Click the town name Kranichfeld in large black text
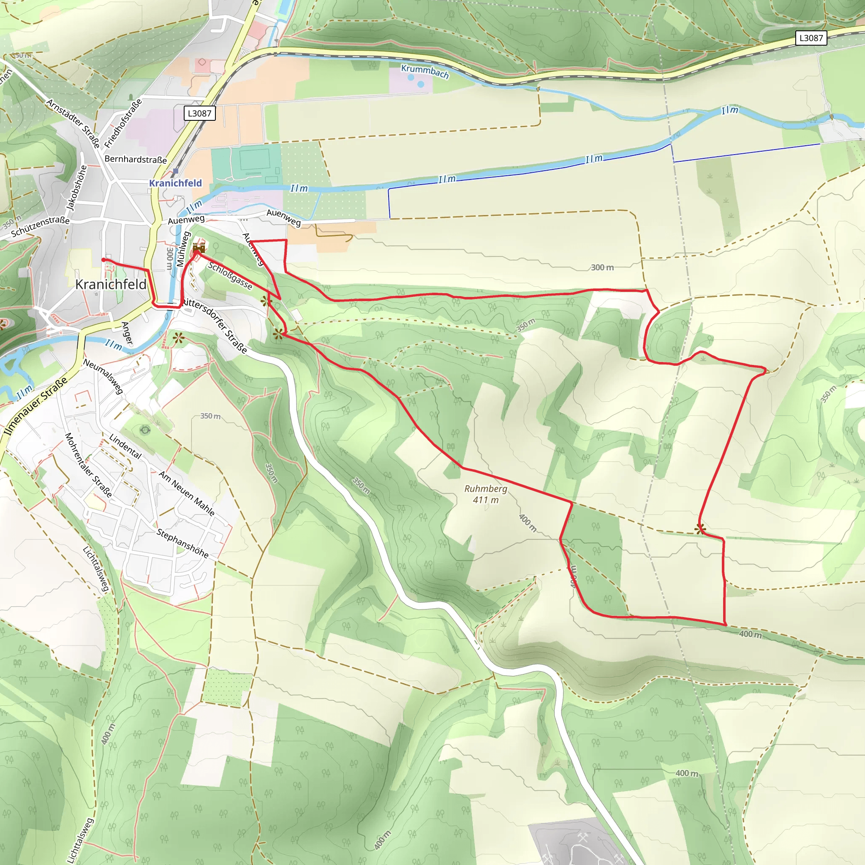point(111,284)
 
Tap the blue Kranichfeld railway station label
point(176,183)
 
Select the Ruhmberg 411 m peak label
point(486,494)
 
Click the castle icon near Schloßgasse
point(199,248)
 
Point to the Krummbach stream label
point(424,71)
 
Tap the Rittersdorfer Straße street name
point(215,325)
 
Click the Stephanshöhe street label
point(182,543)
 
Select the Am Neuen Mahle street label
point(187,493)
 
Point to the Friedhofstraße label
point(123,123)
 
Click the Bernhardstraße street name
point(135,159)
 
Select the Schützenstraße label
point(40,226)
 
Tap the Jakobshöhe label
point(76,188)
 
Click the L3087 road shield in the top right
point(811,38)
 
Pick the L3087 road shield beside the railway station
point(200,113)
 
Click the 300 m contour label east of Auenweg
point(602,267)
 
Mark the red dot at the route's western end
point(103,260)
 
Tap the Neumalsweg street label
point(103,376)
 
